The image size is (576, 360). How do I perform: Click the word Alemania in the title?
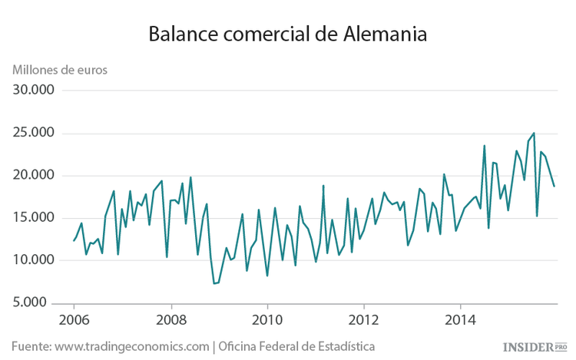(381, 35)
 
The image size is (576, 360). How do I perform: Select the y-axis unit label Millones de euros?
(60, 68)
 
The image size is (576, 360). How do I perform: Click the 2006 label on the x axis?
(74, 319)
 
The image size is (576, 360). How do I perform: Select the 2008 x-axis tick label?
(170, 319)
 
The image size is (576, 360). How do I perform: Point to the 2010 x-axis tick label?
(267, 319)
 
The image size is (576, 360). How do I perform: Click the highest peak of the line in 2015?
(534, 133)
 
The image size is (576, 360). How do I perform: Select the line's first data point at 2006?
(74, 241)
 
